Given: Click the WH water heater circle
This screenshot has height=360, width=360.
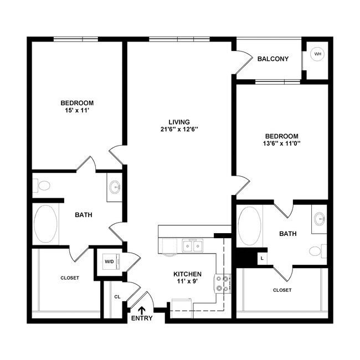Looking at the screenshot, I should pyautogui.click(x=317, y=54).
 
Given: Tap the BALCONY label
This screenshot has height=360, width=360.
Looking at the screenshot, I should pyautogui.click(x=273, y=59).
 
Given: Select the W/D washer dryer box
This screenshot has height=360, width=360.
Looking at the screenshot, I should pyautogui.click(x=109, y=262).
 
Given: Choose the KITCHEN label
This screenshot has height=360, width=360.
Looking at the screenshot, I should pyautogui.click(x=187, y=274).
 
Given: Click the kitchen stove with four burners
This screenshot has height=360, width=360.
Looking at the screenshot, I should pyautogui.click(x=223, y=283).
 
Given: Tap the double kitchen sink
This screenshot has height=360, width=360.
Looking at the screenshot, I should pyautogui.click(x=193, y=245).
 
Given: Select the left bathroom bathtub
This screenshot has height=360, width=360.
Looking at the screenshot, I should pyautogui.click(x=46, y=224).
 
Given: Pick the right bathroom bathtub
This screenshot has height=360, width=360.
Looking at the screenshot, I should pyautogui.click(x=249, y=226).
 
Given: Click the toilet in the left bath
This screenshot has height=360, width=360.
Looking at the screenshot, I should pyautogui.click(x=43, y=185).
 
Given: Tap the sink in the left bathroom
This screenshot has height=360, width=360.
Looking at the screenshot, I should pyautogui.click(x=115, y=187).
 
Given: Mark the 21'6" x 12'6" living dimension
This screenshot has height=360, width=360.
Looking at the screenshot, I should pyautogui.click(x=179, y=130).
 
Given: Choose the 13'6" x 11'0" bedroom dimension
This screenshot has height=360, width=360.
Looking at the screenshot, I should pyautogui.click(x=281, y=143).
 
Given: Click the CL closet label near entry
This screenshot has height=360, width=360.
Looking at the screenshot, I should pyautogui.click(x=117, y=297).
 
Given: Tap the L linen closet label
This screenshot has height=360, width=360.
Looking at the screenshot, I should pyautogui.click(x=261, y=258).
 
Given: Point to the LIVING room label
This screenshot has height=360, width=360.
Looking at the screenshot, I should pyautogui.click(x=179, y=122).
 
